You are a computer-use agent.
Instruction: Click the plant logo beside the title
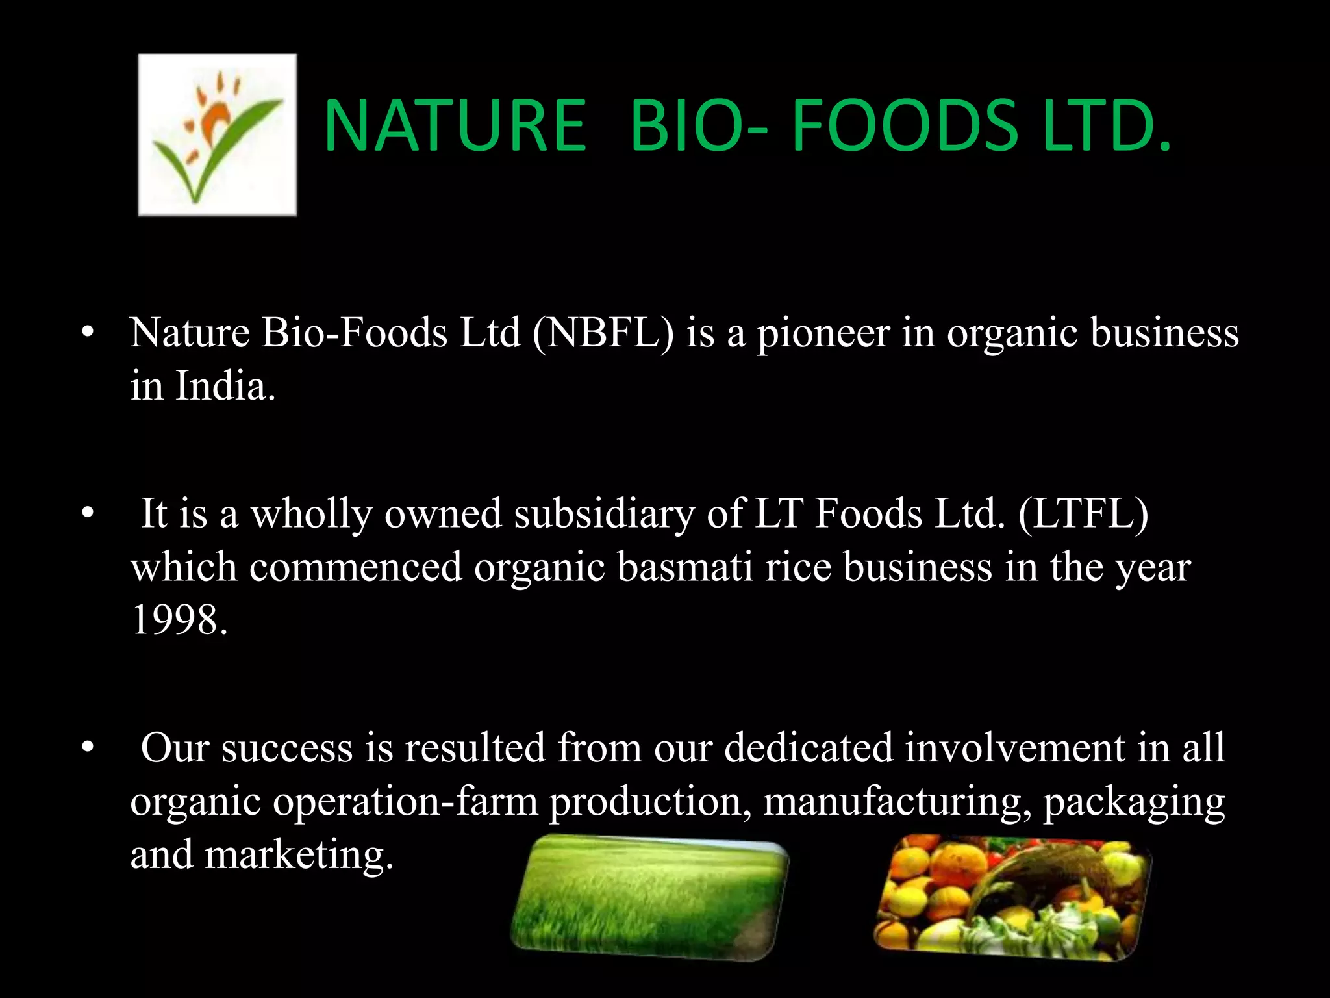click(x=217, y=134)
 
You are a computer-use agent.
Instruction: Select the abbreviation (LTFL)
click(x=1083, y=514)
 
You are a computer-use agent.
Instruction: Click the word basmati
click(x=685, y=567)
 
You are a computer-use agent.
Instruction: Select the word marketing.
click(x=299, y=854)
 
